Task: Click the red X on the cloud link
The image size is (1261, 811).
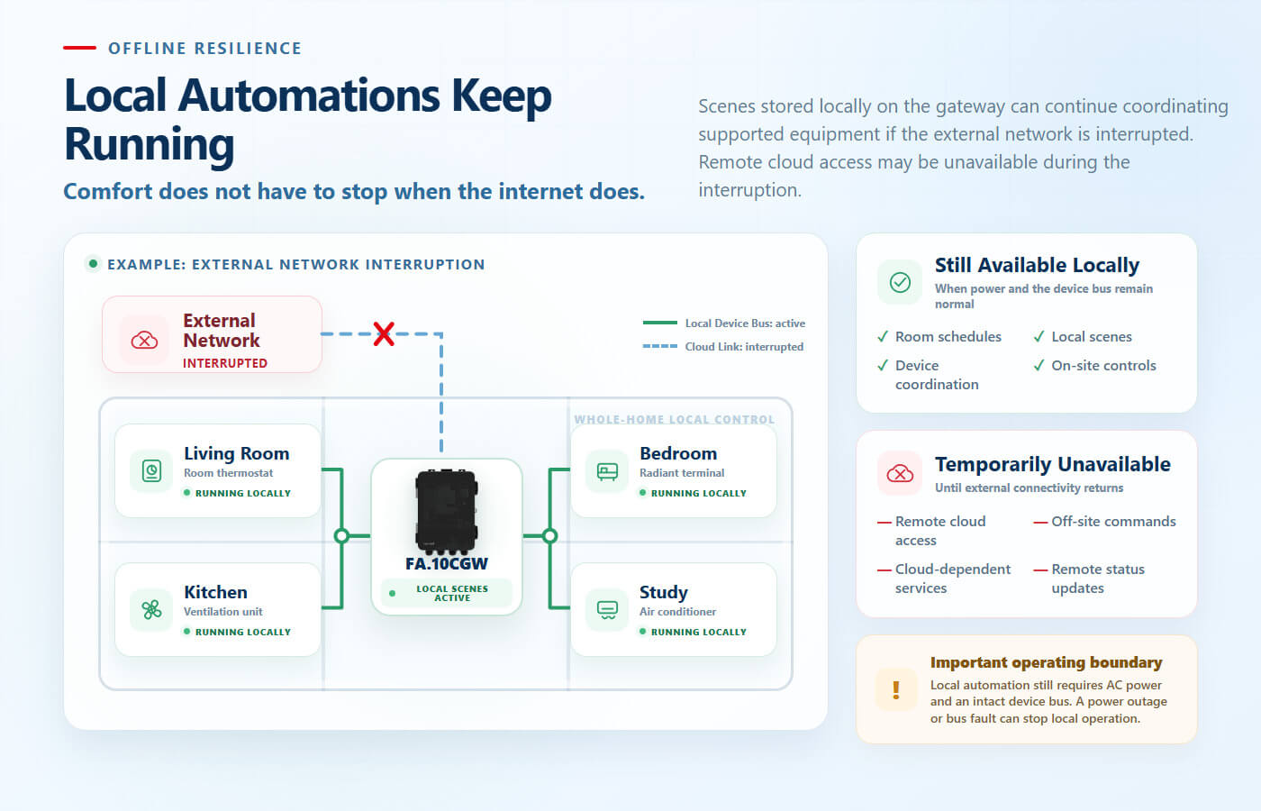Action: (384, 334)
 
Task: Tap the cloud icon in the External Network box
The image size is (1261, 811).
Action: (145, 341)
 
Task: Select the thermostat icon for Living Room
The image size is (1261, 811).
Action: (151, 470)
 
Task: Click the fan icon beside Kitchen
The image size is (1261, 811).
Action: (151, 609)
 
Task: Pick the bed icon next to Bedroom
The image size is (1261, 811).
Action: (607, 471)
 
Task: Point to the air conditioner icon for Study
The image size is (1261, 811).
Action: (607, 610)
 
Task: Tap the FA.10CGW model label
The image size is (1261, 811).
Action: (447, 564)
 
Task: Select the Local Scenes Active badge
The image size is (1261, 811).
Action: (447, 593)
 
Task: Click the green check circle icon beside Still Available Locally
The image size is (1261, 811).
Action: (900, 282)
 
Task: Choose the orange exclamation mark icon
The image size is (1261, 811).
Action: (895, 689)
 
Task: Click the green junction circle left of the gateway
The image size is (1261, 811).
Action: (341, 535)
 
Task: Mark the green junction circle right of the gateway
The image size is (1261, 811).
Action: (550, 535)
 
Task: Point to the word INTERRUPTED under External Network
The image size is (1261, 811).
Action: (225, 363)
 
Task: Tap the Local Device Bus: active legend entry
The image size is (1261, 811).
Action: (724, 323)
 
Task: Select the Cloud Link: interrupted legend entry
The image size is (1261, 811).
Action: (723, 346)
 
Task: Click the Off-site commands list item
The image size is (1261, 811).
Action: (1104, 522)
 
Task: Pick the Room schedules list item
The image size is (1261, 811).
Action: (939, 337)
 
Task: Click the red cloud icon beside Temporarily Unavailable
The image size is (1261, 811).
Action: (900, 474)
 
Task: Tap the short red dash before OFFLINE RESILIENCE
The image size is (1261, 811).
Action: (79, 48)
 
